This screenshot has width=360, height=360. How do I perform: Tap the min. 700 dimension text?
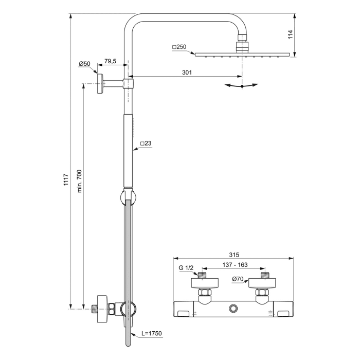80,182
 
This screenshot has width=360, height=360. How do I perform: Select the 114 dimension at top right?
291,34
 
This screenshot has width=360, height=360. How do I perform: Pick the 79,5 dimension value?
110,61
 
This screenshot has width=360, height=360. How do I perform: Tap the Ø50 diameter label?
84,64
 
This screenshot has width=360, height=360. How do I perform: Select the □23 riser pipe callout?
146,143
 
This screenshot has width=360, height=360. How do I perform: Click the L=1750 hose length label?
150,334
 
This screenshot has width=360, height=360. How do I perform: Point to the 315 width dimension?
235,254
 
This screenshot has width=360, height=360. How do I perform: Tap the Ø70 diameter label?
238,279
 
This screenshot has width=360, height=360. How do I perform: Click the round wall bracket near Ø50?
101,83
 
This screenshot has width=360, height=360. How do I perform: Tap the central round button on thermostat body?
235,308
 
